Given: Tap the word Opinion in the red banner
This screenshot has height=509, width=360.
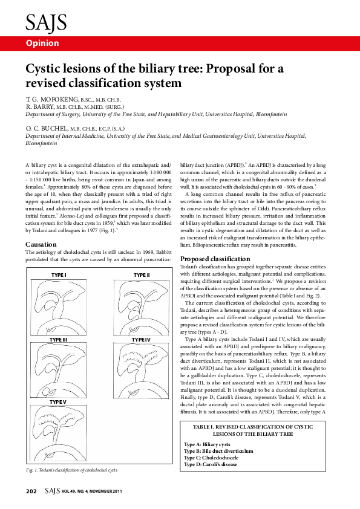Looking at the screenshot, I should point(42,43).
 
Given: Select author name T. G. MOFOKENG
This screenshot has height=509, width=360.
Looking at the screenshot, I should point(52,99).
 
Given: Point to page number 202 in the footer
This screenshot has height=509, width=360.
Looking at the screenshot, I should point(31,491).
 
